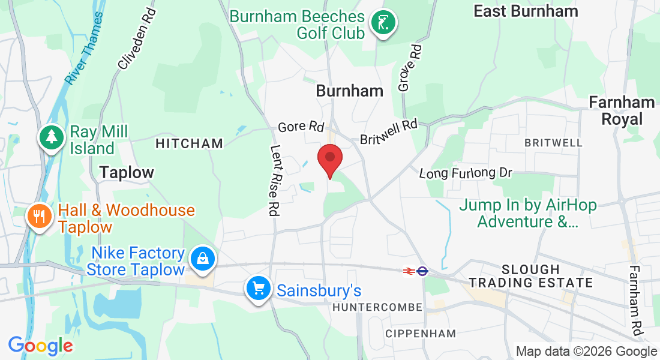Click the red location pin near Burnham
(329, 158)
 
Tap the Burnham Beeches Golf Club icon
(383, 24)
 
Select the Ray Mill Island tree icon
(52, 137)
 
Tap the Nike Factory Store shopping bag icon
(203, 259)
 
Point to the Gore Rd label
(301, 127)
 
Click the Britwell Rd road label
(388, 132)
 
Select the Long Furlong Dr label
(465, 173)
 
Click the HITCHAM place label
(189, 144)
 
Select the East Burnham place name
(526, 11)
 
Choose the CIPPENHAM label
(420, 334)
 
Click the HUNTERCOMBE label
(377, 307)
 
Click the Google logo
(40, 346)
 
